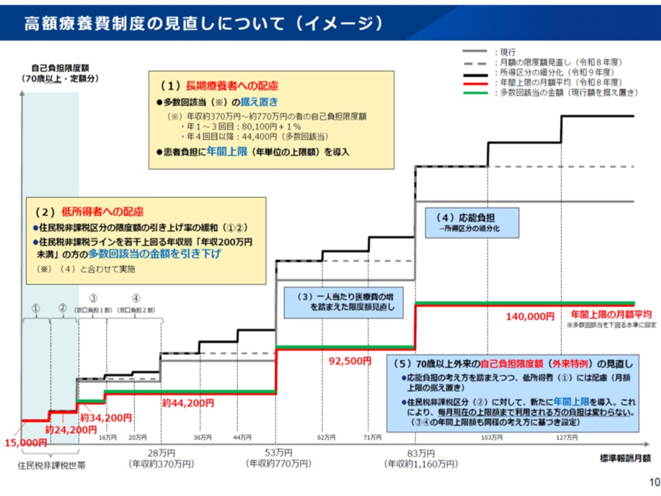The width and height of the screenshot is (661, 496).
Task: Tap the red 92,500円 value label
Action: (350, 361)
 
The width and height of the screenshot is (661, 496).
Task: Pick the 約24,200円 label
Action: (71, 430)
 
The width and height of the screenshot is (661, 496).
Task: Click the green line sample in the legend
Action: (477, 93)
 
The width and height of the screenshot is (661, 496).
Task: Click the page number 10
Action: (654, 482)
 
